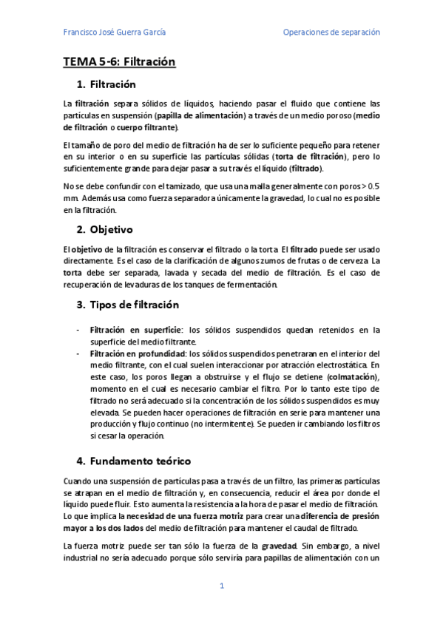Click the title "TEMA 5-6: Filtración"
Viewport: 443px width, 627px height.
click(119, 62)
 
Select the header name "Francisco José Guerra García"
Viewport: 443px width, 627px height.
click(115, 33)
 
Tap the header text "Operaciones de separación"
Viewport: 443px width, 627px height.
click(331, 33)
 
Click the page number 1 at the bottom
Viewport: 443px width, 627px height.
click(221, 586)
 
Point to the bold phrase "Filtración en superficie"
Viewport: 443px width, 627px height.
click(137, 330)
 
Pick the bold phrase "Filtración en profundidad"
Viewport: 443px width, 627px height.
click(140, 353)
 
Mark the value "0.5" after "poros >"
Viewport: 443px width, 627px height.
click(374, 186)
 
